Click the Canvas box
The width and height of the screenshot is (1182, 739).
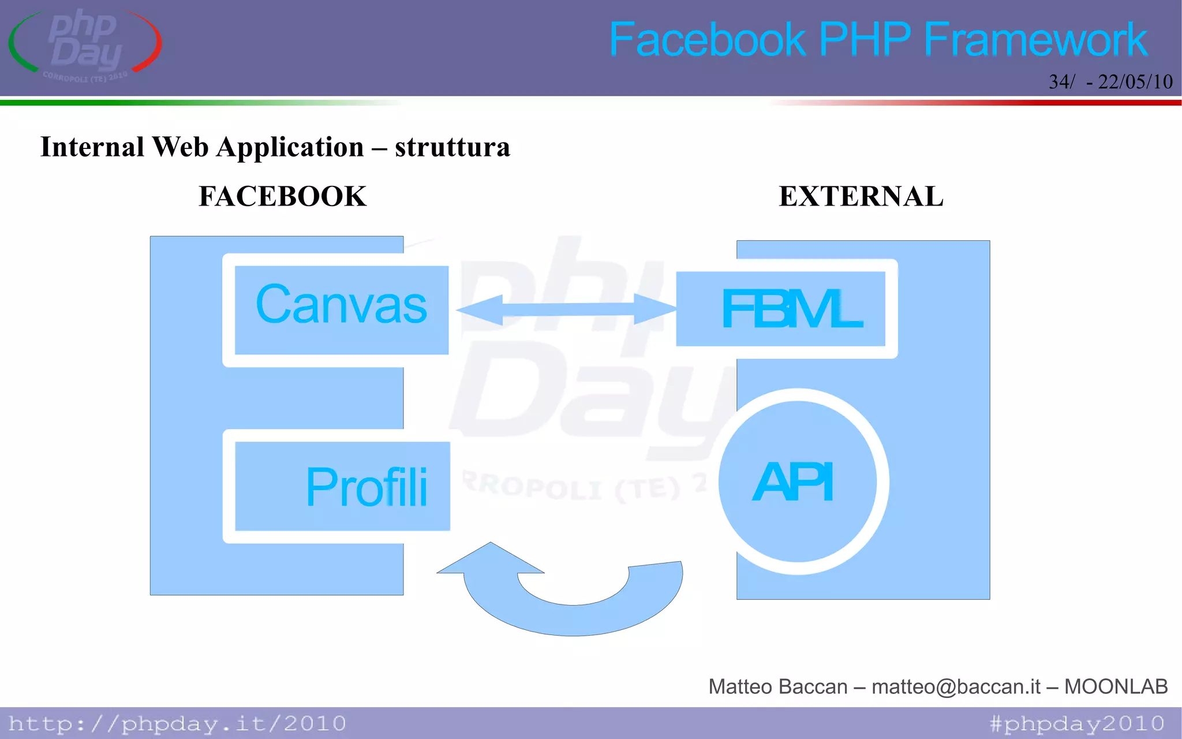[341, 309]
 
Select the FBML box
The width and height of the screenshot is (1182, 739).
[781, 309]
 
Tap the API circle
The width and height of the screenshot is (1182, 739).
[797, 482]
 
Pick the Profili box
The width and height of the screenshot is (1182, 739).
[342, 486]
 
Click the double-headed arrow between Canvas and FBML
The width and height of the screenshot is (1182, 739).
[566, 309]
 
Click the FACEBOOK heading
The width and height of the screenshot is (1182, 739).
[282, 196]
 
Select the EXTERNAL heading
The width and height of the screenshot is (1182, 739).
[861, 196]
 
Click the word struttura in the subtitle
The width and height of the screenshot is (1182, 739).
[452, 147]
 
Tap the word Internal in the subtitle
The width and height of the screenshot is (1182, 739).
[92, 147]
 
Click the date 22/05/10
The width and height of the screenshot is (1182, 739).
[1135, 82]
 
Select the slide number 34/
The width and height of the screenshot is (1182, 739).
[1061, 82]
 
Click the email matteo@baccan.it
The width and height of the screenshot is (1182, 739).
[956, 686]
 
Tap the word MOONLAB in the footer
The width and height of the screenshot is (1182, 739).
[1116, 686]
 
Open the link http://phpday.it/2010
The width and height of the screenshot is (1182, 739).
[177, 723]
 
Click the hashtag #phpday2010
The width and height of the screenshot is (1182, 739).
[1076, 723]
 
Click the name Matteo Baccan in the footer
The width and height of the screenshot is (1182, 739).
[777, 686]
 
